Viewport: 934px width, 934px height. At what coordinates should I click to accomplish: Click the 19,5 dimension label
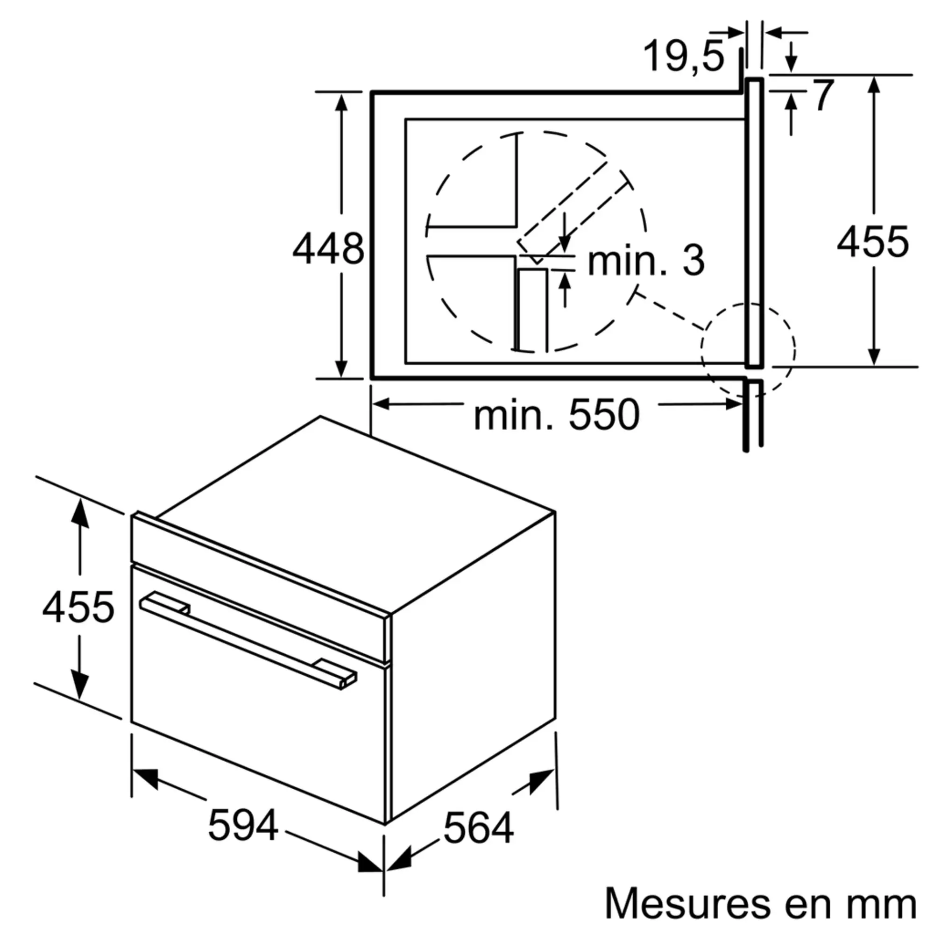coord(685,57)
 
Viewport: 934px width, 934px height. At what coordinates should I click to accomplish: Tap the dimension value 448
coord(328,249)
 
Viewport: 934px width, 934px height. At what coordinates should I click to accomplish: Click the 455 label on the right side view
coord(873,242)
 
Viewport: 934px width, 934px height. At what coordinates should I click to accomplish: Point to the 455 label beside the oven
coord(78,608)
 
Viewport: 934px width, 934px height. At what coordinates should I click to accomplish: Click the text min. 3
coord(646,262)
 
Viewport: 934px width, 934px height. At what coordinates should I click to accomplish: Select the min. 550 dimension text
coord(557,415)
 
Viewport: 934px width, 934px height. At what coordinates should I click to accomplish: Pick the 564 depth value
coord(479,828)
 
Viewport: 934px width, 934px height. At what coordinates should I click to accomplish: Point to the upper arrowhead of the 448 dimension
coord(341,102)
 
